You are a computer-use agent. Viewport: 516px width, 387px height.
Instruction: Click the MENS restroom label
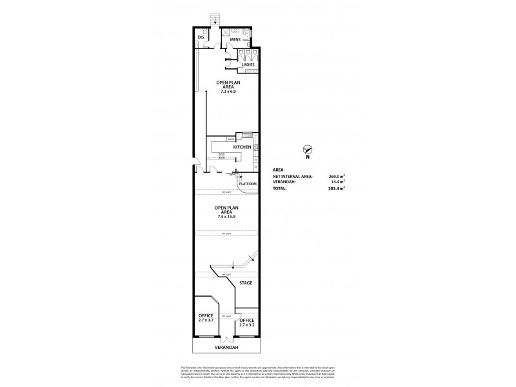[235, 40]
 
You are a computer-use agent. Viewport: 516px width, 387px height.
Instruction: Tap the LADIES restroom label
[247, 65]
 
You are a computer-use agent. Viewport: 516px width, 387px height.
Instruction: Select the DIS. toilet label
[201, 37]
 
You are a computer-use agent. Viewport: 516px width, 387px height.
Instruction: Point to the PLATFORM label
[248, 184]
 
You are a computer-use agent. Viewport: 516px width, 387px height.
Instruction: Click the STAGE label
[245, 283]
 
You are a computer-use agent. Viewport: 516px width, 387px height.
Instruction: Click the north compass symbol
[308, 150]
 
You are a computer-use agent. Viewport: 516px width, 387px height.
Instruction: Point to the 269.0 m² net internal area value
[335, 175]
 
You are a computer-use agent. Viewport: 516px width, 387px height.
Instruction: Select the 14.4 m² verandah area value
[336, 182]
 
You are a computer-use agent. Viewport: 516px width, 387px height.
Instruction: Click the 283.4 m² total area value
[335, 188]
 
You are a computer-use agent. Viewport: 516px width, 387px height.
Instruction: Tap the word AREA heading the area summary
[279, 169]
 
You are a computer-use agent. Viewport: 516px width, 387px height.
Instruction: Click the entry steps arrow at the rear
[214, 21]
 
